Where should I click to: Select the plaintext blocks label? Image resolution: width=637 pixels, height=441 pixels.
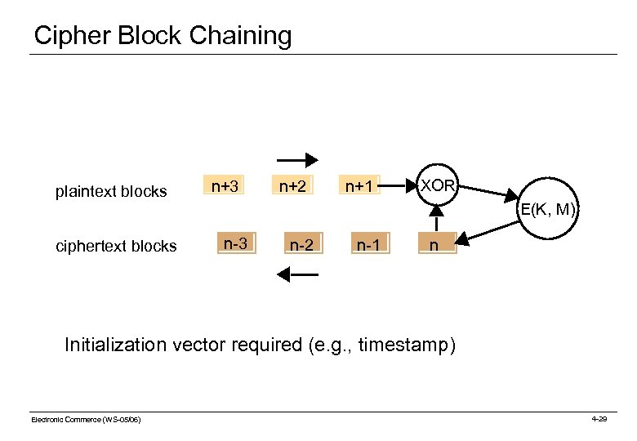click(x=111, y=193)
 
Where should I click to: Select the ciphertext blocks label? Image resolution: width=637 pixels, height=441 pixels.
click(x=115, y=246)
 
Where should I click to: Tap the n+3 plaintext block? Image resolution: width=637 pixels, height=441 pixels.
click(x=225, y=187)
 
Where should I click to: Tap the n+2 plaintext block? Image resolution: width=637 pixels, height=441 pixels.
click(x=292, y=187)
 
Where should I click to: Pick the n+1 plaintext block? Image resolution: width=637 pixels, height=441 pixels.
click(x=359, y=187)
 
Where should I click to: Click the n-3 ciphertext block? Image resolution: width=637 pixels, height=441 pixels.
click(x=236, y=243)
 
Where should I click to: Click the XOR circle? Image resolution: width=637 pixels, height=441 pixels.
click(x=438, y=186)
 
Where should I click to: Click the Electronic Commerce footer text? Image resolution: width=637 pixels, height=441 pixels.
click(x=86, y=419)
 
